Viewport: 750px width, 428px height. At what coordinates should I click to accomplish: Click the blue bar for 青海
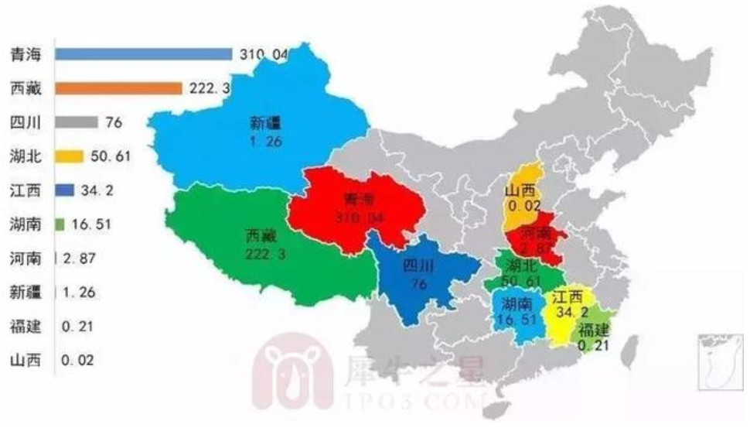coord(144,54)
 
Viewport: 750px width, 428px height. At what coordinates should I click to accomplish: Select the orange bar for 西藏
coord(118,88)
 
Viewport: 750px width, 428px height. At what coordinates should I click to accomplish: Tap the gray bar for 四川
coord(76,122)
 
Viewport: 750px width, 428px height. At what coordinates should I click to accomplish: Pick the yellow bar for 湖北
coord(69,156)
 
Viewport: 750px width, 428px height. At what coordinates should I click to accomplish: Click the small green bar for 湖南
coord(60,224)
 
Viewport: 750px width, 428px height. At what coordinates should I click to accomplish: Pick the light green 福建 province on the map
coord(596,329)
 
